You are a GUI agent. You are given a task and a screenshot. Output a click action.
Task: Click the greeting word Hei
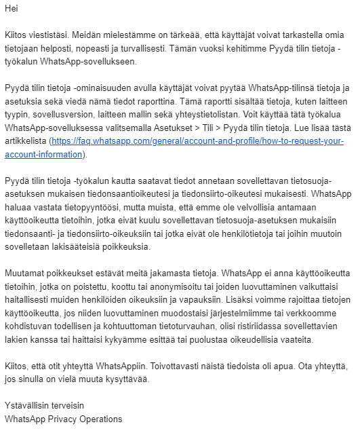click(x=11, y=9)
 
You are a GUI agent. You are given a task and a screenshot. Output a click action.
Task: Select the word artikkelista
click(x=28, y=142)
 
